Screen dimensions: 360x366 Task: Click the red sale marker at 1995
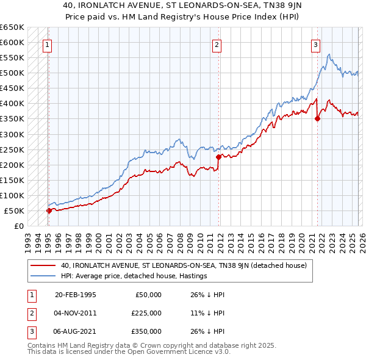(49, 211)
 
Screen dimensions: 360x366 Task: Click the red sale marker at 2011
(218, 157)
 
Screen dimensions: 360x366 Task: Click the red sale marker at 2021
(317, 119)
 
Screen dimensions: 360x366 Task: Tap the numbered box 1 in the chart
(47, 44)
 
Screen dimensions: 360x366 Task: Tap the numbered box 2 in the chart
(217, 44)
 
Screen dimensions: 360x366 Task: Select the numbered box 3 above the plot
(315, 44)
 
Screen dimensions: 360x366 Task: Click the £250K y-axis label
(12, 149)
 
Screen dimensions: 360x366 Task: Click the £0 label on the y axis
(18, 226)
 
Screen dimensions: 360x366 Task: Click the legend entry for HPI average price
(134, 276)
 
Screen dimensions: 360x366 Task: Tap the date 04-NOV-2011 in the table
(75, 313)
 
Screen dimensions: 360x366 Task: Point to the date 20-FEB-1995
(75, 295)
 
